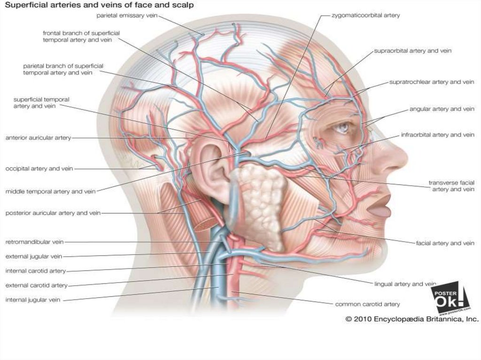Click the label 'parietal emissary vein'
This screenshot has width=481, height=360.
point(127,15)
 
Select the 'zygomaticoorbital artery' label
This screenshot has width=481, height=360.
point(365,15)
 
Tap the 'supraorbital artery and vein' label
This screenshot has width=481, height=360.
point(412,51)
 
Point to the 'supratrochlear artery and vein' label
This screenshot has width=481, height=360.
point(432,82)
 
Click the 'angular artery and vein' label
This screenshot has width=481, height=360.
point(442,109)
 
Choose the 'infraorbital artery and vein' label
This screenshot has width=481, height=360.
point(437,135)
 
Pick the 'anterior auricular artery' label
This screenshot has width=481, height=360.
point(38,138)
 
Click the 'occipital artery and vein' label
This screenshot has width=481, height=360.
point(39,169)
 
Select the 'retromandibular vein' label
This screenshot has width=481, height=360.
point(34,242)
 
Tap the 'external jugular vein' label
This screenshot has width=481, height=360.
point(34,256)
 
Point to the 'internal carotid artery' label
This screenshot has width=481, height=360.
point(36,271)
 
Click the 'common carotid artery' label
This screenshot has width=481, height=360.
point(367,304)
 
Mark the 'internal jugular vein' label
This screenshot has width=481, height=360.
point(33,299)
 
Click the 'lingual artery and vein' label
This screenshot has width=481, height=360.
point(405,284)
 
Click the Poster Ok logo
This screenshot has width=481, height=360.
point(450,298)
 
